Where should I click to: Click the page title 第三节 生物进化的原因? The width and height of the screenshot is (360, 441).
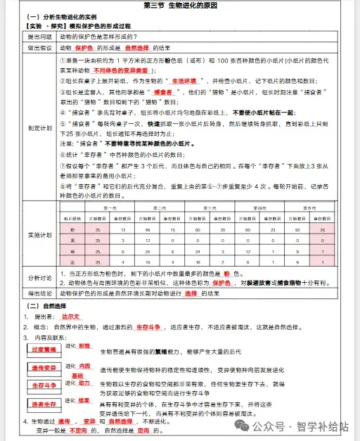(x=179, y=6)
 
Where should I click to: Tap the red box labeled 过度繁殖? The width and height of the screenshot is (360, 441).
(x=44, y=350)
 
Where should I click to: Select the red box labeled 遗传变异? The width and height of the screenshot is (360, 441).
(x=44, y=368)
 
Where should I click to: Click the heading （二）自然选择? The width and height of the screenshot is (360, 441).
(x=46, y=306)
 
